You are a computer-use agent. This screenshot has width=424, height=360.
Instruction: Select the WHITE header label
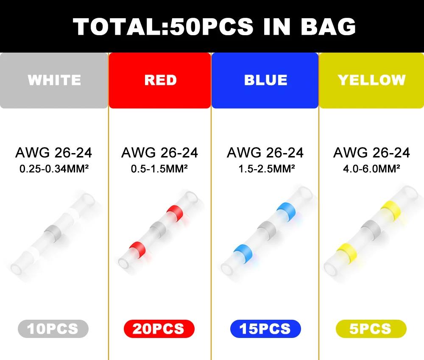point(54,80)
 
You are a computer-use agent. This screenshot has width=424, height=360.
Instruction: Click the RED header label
point(160,80)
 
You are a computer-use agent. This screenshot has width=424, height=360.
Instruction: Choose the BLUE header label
point(265,80)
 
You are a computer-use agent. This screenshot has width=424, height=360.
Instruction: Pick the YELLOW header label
point(371,80)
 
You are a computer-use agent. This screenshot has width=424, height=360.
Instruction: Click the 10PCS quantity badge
point(53,329)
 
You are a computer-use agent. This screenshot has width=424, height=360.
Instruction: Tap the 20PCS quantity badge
point(159,329)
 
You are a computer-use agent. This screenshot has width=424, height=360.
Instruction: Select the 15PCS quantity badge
point(265,329)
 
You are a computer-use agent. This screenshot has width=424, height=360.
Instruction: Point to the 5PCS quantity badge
point(371,329)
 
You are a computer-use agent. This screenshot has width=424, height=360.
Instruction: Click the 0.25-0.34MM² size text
point(54,169)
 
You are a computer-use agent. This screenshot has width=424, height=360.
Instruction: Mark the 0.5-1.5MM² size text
point(159,169)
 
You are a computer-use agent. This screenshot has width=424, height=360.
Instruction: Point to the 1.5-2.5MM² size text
point(267,169)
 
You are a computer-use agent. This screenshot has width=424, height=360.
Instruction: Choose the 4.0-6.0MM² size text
point(371,169)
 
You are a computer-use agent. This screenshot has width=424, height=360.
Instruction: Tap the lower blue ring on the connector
point(243,254)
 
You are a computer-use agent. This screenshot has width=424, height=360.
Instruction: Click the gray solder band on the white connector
point(53,233)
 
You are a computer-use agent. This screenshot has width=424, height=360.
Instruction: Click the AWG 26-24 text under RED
point(159,153)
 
